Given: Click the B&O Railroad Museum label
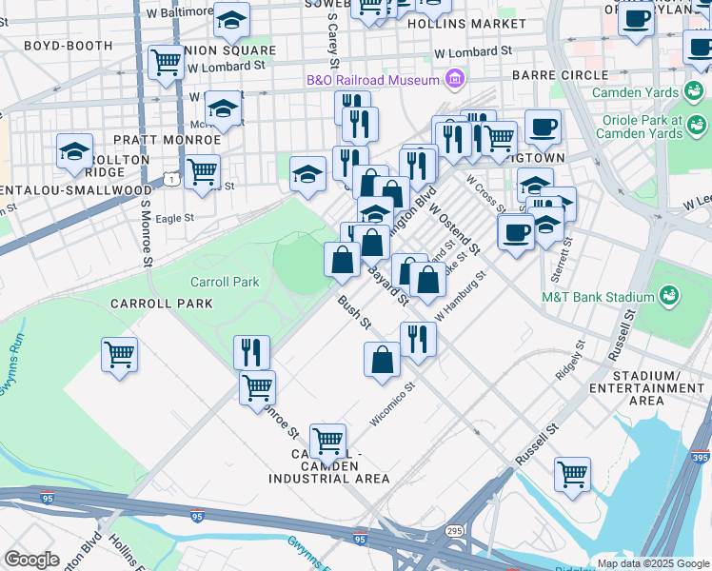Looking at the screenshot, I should pyautogui.click(x=373, y=80).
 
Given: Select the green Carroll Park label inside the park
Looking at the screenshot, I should pyautogui.click(x=225, y=283).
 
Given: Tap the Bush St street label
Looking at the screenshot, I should pyautogui.click(x=352, y=313).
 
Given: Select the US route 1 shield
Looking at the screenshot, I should pyautogui.click(x=169, y=179).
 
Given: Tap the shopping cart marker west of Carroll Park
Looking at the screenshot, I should pyautogui.click(x=120, y=355).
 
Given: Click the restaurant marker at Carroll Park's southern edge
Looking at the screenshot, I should pyautogui.click(x=252, y=351).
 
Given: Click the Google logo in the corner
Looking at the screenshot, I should pyautogui.click(x=31, y=560).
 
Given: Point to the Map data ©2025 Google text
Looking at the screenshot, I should pyautogui.click(x=652, y=563).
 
